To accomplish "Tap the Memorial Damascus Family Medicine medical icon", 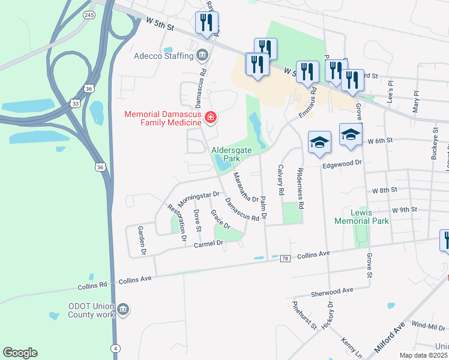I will (210, 118).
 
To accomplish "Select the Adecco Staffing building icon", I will (202, 56).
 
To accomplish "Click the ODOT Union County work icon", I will (123, 310).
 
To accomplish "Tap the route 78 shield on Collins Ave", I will (285, 258).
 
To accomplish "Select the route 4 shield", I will (114, 348).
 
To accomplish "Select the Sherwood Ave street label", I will (332, 292).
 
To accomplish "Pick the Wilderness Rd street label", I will (300, 188).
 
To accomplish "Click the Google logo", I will (20, 353).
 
